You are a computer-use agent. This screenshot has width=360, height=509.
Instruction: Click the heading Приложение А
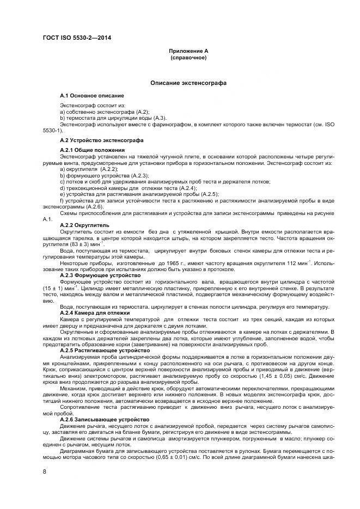(188, 51)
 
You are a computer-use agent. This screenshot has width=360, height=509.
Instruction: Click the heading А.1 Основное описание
(92, 95)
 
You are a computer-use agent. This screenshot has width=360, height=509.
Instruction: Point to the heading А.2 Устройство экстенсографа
(102, 140)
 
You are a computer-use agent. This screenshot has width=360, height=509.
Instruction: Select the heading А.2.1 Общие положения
(93, 149)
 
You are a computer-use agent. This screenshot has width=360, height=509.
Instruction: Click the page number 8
(45, 471)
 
